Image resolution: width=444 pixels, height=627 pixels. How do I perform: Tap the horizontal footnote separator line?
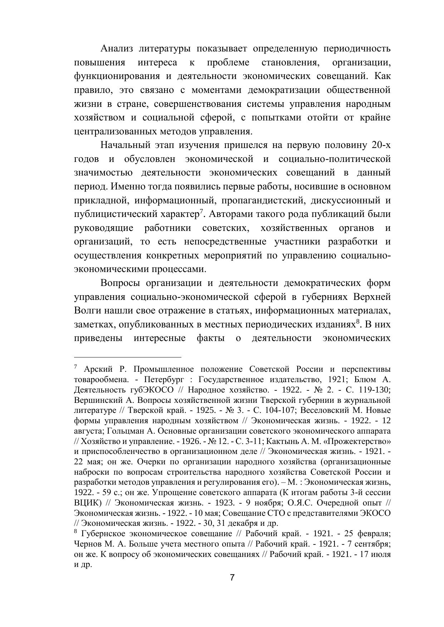(128, 357)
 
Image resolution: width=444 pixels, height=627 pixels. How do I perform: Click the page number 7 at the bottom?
(232, 578)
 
